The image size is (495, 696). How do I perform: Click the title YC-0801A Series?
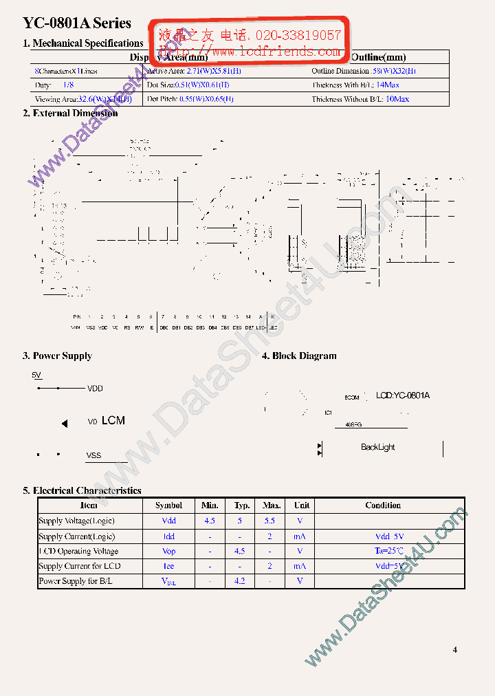[x=77, y=23]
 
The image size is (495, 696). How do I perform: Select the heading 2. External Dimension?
[x=70, y=113]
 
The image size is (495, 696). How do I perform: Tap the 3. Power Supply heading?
[x=57, y=356]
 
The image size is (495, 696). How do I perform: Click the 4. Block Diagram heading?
[x=299, y=356]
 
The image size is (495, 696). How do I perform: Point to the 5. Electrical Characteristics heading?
[x=82, y=490]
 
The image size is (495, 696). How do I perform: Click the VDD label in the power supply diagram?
[x=95, y=389]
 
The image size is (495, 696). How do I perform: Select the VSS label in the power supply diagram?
[x=93, y=455]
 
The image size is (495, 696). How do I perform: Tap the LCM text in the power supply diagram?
[x=113, y=420]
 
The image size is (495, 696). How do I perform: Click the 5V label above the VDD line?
[x=37, y=375]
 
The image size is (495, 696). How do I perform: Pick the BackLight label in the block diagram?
[x=378, y=447]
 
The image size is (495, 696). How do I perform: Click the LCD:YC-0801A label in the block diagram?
[x=403, y=395]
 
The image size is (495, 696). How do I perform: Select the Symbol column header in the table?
[x=169, y=505]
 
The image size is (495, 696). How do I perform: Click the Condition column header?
[x=383, y=505]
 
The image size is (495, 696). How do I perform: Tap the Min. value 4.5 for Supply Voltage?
[x=210, y=521]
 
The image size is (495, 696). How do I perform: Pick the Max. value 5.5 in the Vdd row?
[x=269, y=521]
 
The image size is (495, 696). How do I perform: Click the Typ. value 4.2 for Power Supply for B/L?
[x=239, y=581]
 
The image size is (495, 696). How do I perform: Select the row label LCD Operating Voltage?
[x=78, y=552]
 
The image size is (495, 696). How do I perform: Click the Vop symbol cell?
[x=169, y=552]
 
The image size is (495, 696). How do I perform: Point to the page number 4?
[x=454, y=649]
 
